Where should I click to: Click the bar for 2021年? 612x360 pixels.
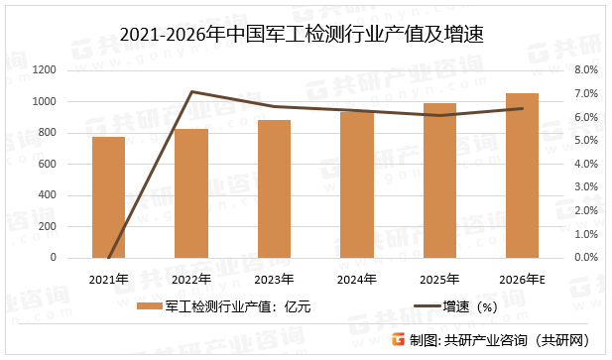(x=108, y=197)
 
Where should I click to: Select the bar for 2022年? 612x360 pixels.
(x=191, y=193)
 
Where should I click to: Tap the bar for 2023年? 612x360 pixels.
(x=274, y=188)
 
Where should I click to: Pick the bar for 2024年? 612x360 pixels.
(x=356, y=184)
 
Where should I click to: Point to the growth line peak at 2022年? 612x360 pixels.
(x=191, y=92)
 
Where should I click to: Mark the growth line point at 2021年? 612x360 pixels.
(x=108, y=257)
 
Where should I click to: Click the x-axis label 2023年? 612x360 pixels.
(x=274, y=278)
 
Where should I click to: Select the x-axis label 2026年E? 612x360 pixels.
(x=523, y=278)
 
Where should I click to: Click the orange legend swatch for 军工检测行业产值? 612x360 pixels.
(x=150, y=306)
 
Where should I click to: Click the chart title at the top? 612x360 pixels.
(x=306, y=35)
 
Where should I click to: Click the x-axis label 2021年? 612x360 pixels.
(x=108, y=278)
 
